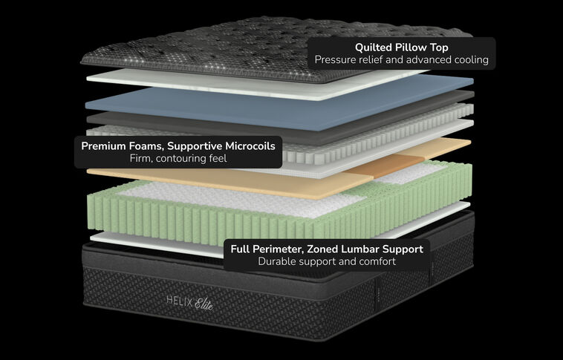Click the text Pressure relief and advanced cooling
coord(400,59)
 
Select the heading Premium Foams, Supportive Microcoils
coord(178,145)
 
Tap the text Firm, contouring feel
coord(178,159)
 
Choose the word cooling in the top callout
coord(469,59)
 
